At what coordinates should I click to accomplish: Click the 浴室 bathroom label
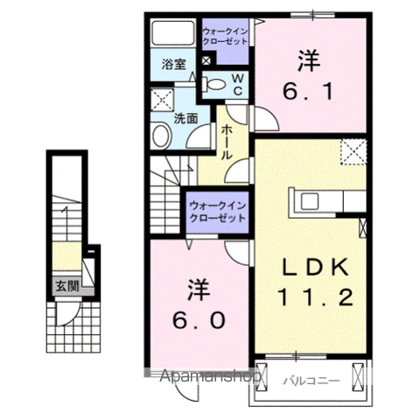(173, 64)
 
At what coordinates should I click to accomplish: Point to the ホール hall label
(226, 141)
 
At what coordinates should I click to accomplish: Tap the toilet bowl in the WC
(213, 84)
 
